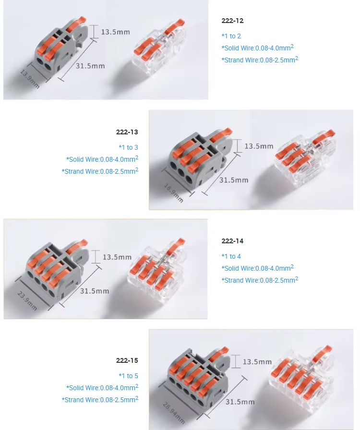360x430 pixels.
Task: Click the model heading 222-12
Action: tap(233, 21)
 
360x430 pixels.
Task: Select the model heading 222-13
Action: tap(127, 132)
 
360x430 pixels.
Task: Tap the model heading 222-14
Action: tap(233, 241)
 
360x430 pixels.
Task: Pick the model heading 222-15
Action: tap(127, 360)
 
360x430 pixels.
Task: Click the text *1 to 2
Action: tap(231, 36)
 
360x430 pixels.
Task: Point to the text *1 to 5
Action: tap(128, 376)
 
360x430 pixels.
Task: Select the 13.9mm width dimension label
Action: tap(30, 79)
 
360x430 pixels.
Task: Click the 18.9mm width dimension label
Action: tap(174, 192)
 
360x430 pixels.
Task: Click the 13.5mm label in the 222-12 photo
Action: tap(115, 32)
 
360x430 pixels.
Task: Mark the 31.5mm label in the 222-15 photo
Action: tap(240, 402)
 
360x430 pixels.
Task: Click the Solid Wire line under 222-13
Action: tap(102, 159)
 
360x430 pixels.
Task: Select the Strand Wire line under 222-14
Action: tap(260, 280)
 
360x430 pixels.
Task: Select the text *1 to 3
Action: tap(128, 147)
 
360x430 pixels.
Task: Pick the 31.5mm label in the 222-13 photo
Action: tap(234, 180)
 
